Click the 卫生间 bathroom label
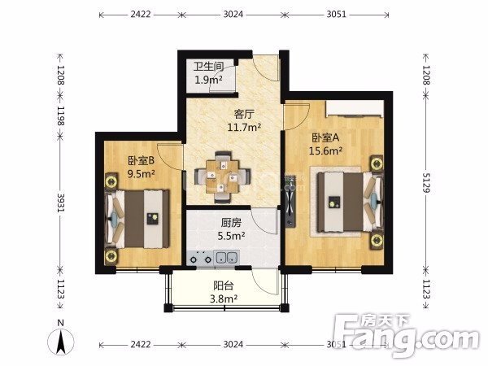pyautogui.click(x=208, y=67)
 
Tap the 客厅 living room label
pyautogui.click(x=244, y=114)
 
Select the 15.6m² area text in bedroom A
pyautogui.click(x=325, y=150)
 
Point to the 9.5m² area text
pyautogui.click(x=142, y=174)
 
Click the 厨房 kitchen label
pyautogui.click(x=231, y=223)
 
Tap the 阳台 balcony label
pyautogui.click(x=224, y=285)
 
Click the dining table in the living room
pyautogui.click(x=223, y=177)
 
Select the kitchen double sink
pyautogui.click(x=227, y=258)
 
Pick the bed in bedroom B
pyautogui.click(x=137, y=219)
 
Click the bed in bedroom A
pyautogui.click(x=349, y=203)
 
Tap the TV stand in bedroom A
pyautogui.click(x=290, y=202)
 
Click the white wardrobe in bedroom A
pyautogui.click(x=355, y=109)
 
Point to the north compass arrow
pyautogui.click(x=61, y=342)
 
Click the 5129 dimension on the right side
pyautogui.click(x=426, y=183)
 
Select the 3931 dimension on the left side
pyautogui.click(x=60, y=203)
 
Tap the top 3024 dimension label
pyautogui.click(x=233, y=15)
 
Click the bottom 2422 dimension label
pyautogui.click(x=141, y=345)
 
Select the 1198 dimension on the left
pyautogui.click(x=60, y=115)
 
